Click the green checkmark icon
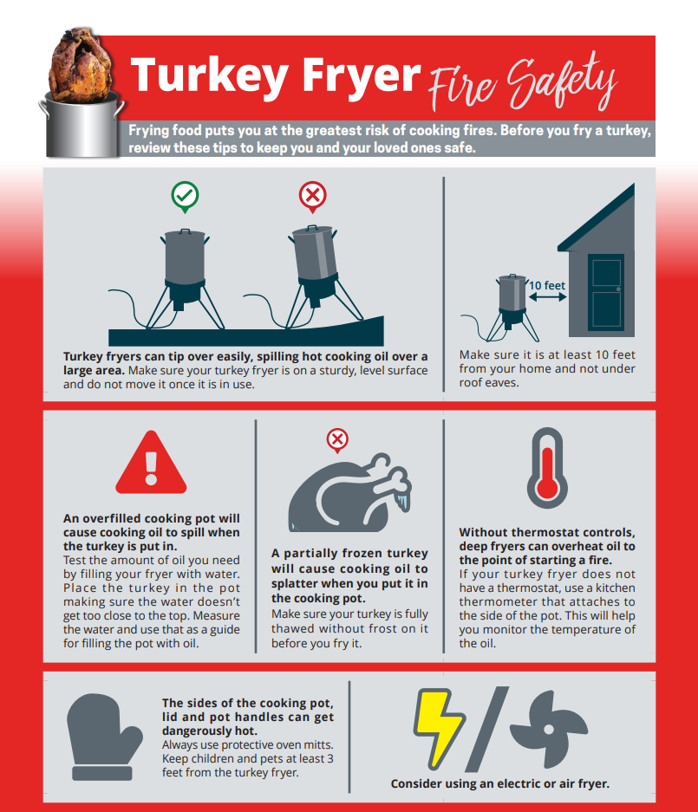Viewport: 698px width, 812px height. click(185, 196)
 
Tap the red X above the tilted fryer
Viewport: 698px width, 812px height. click(312, 196)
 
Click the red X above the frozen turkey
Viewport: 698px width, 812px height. click(337, 439)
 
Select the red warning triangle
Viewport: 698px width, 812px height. click(151, 463)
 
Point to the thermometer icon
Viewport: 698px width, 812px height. click(547, 468)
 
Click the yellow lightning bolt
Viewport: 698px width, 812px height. click(439, 728)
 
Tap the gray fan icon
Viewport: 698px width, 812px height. click(549, 730)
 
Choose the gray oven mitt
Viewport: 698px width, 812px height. click(104, 737)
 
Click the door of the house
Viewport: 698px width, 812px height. click(606, 291)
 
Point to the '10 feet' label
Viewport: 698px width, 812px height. click(546, 285)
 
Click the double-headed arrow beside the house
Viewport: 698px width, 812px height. click(548, 297)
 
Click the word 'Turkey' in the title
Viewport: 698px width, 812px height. click(210, 76)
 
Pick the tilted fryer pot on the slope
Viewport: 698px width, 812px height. click(315, 259)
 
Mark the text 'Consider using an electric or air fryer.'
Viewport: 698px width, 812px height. click(500, 783)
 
